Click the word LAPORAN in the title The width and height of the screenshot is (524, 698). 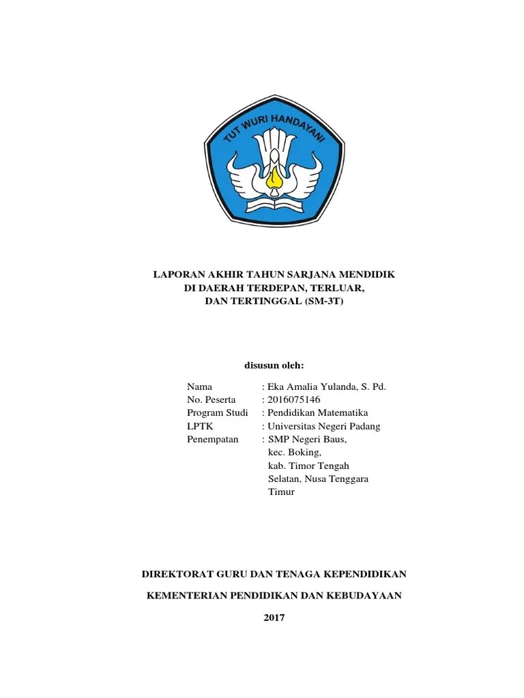pyautogui.click(x=175, y=274)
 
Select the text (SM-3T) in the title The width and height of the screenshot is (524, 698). pyautogui.click(x=321, y=301)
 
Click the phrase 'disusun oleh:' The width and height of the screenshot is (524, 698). pyautogui.click(x=274, y=365)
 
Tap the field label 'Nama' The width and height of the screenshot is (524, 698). pyautogui.click(x=199, y=386)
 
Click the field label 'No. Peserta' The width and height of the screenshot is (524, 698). pyautogui.click(x=211, y=399)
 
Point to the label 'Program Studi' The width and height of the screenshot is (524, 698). pyautogui.click(x=217, y=413)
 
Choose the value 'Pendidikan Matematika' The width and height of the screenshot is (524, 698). pyautogui.click(x=318, y=413)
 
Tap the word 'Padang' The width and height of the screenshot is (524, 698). pyautogui.click(x=365, y=426)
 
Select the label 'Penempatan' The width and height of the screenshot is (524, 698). pyautogui.click(x=212, y=439)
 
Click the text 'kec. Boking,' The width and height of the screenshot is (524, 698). pyautogui.click(x=294, y=452)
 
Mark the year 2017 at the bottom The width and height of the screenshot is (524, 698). pyautogui.click(x=274, y=618)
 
